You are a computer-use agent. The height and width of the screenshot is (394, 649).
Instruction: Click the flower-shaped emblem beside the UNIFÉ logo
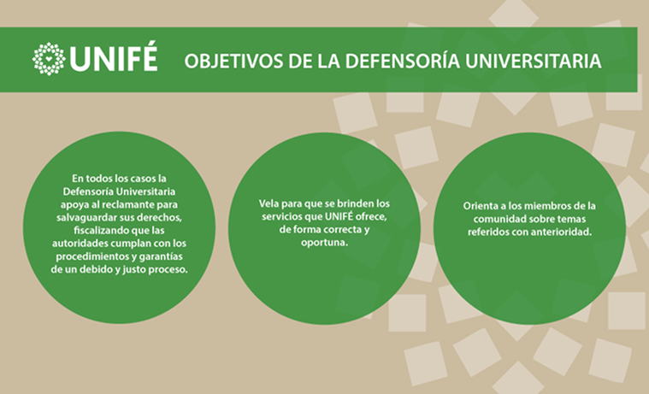[49, 59]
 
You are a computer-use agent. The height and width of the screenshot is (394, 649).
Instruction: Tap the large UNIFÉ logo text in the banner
[114, 57]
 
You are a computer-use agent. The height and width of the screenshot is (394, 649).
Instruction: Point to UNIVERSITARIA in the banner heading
[533, 61]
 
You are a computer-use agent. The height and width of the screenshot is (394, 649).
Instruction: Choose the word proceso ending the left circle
[168, 270]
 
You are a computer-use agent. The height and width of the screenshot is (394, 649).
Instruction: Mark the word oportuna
[325, 243]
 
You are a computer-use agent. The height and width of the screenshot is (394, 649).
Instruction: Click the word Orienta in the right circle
[478, 206]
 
